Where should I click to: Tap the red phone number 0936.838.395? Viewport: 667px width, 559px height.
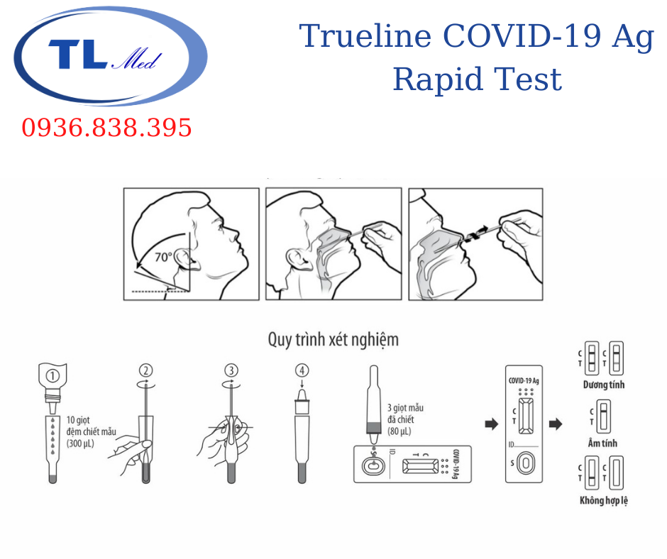click(106, 128)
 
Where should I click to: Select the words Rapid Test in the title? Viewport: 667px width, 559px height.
click(478, 79)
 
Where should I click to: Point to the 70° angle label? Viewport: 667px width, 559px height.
click(163, 257)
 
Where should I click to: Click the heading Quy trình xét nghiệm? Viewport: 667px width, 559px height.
click(333, 340)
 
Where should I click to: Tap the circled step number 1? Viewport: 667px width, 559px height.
click(53, 376)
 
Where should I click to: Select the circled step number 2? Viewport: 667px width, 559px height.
click(146, 370)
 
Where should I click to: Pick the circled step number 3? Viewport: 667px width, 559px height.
click(231, 370)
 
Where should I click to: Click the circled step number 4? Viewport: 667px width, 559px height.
click(302, 370)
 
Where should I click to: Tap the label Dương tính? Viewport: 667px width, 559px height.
click(604, 384)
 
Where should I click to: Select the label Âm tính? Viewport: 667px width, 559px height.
click(602, 443)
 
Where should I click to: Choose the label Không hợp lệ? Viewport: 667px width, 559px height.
click(604, 500)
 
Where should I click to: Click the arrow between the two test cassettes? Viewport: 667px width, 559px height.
click(492, 424)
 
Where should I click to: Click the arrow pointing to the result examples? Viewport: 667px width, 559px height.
click(556, 424)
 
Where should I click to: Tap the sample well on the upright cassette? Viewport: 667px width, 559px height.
click(526, 463)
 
